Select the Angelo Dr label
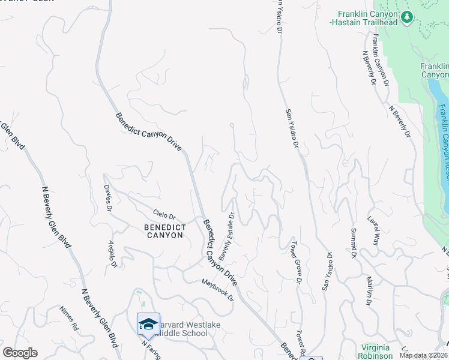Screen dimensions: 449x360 point(111,254)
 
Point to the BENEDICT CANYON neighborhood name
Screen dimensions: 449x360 point(163,232)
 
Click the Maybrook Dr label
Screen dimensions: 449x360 point(217,290)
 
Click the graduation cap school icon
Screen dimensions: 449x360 point(148,325)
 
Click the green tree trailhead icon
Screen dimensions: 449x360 point(408,16)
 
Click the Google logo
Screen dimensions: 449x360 point(20,353)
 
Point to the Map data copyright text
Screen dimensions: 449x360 point(423,355)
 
